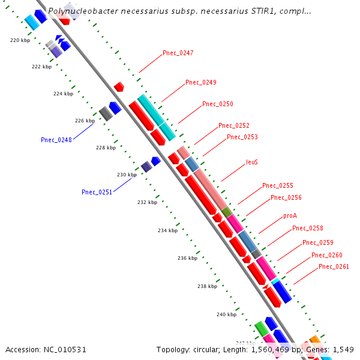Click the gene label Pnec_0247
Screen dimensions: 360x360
point(178,53)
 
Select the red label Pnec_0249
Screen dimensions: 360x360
point(200,82)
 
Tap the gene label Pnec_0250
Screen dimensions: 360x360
point(217,104)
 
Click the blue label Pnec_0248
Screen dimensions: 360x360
point(56,140)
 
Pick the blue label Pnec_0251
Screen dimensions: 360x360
point(97,192)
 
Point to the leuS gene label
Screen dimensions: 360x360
point(252,162)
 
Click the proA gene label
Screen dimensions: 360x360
point(290,215)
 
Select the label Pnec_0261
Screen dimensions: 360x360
point(334,266)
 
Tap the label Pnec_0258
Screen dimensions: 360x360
point(307,228)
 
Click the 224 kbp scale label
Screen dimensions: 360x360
point(63,94)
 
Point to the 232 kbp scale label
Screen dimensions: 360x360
point(147,202)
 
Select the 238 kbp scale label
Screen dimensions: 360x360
point(207,286)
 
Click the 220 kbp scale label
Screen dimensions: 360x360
point(20,40)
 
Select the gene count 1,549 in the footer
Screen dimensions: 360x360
point(343,349)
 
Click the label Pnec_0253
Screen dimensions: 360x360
point(242,137)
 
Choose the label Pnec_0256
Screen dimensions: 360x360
point(286,197)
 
